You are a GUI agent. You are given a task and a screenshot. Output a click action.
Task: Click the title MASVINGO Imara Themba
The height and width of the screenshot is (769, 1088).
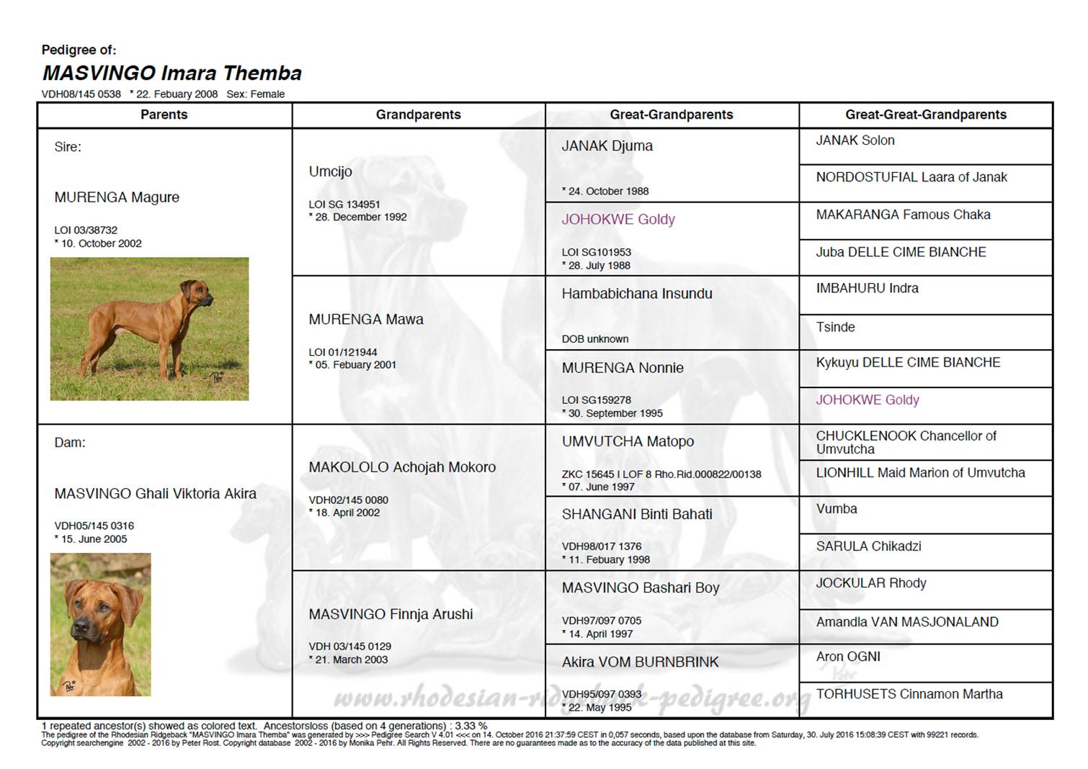(171, 73)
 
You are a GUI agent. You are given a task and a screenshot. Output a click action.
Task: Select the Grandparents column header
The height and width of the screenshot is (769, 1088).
(418, 114)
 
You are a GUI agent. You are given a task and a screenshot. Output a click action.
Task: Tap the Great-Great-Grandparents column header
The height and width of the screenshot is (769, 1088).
(925, 114)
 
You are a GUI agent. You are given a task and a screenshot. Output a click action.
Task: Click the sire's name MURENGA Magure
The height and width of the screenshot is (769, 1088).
(117, 197)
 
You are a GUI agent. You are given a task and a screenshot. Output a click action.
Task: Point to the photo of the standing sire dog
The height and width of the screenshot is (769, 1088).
(149, 328)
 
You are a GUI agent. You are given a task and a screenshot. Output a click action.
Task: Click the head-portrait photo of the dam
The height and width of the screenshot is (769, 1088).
(100, 624)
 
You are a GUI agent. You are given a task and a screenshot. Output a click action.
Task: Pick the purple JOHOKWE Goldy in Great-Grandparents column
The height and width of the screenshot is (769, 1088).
(618, 220)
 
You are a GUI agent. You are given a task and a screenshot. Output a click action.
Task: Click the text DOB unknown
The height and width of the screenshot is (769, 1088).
(595, 339)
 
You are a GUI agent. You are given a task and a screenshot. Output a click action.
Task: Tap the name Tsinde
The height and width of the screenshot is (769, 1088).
(835, 327)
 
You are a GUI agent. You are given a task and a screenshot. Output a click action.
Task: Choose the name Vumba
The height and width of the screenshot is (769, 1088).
(837, 508)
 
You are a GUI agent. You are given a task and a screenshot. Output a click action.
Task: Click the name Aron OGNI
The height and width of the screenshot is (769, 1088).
(848, 657)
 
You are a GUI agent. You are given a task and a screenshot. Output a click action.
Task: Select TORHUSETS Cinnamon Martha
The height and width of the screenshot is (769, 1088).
(909, 694)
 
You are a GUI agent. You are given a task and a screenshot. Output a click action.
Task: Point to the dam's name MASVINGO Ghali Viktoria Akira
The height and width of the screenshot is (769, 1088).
(155, 493)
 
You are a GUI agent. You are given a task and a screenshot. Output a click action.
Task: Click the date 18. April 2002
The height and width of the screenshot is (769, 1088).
(347, 513)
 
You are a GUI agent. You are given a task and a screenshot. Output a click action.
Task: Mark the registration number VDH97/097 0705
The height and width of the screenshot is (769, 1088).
(602, 621)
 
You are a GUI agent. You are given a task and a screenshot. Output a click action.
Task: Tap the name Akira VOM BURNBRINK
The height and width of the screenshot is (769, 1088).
(640, 662)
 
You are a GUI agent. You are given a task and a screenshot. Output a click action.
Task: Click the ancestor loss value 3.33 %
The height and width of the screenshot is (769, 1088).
(471, 726)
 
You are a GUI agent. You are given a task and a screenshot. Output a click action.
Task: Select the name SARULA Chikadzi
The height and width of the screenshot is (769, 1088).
(868, 546)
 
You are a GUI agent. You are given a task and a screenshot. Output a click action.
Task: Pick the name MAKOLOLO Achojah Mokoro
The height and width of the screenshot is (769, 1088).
(402, 467)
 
